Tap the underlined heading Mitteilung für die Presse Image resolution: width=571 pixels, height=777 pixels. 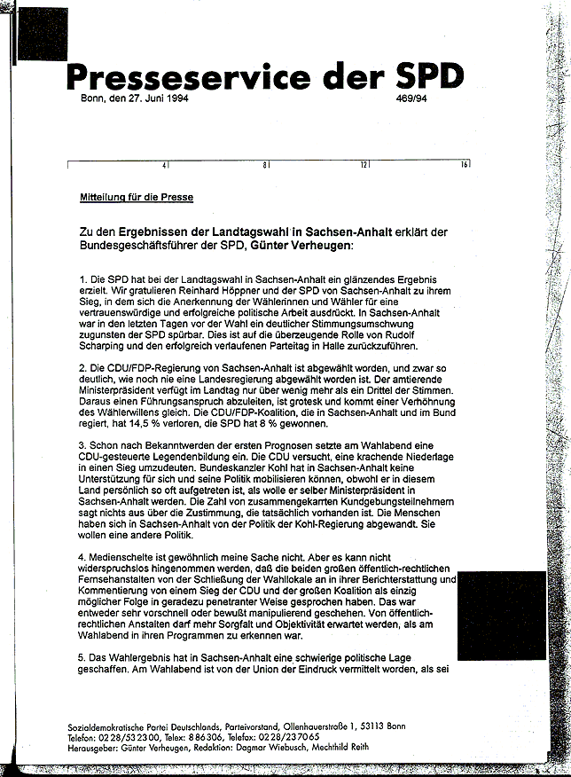136,197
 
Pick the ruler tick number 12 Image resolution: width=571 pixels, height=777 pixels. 364,165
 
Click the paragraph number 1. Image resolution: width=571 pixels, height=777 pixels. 82,280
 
